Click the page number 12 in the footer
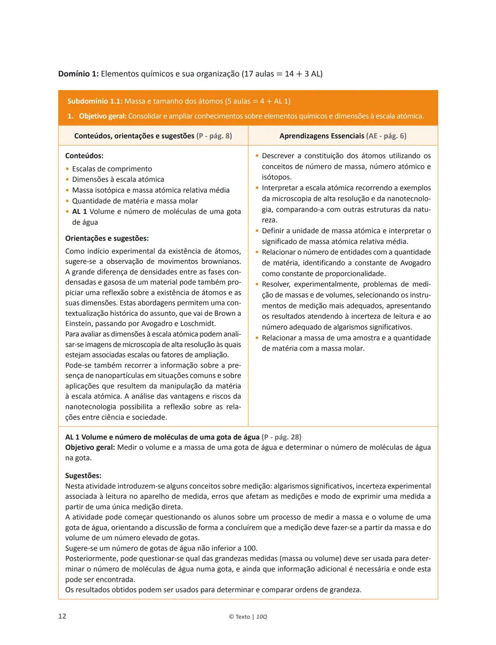(62, 616)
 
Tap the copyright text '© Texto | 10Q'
(248, 617)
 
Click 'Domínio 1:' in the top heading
(78, 73)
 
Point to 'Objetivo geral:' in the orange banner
(102, 116)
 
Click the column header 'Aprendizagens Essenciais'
(321, 136)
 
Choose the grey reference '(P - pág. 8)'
(214, 136)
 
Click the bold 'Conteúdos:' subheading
(84, 156)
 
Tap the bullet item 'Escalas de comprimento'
(112, 169)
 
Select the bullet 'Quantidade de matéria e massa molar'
(135, 201)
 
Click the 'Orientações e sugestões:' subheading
(107, 238)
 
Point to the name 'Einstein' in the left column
(79, 324)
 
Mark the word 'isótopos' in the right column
(276, 177)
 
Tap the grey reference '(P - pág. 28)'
(281, 437)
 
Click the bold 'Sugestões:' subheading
(83, 476)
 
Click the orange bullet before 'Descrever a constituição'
(257, 156)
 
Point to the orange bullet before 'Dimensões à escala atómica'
(68, 179)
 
